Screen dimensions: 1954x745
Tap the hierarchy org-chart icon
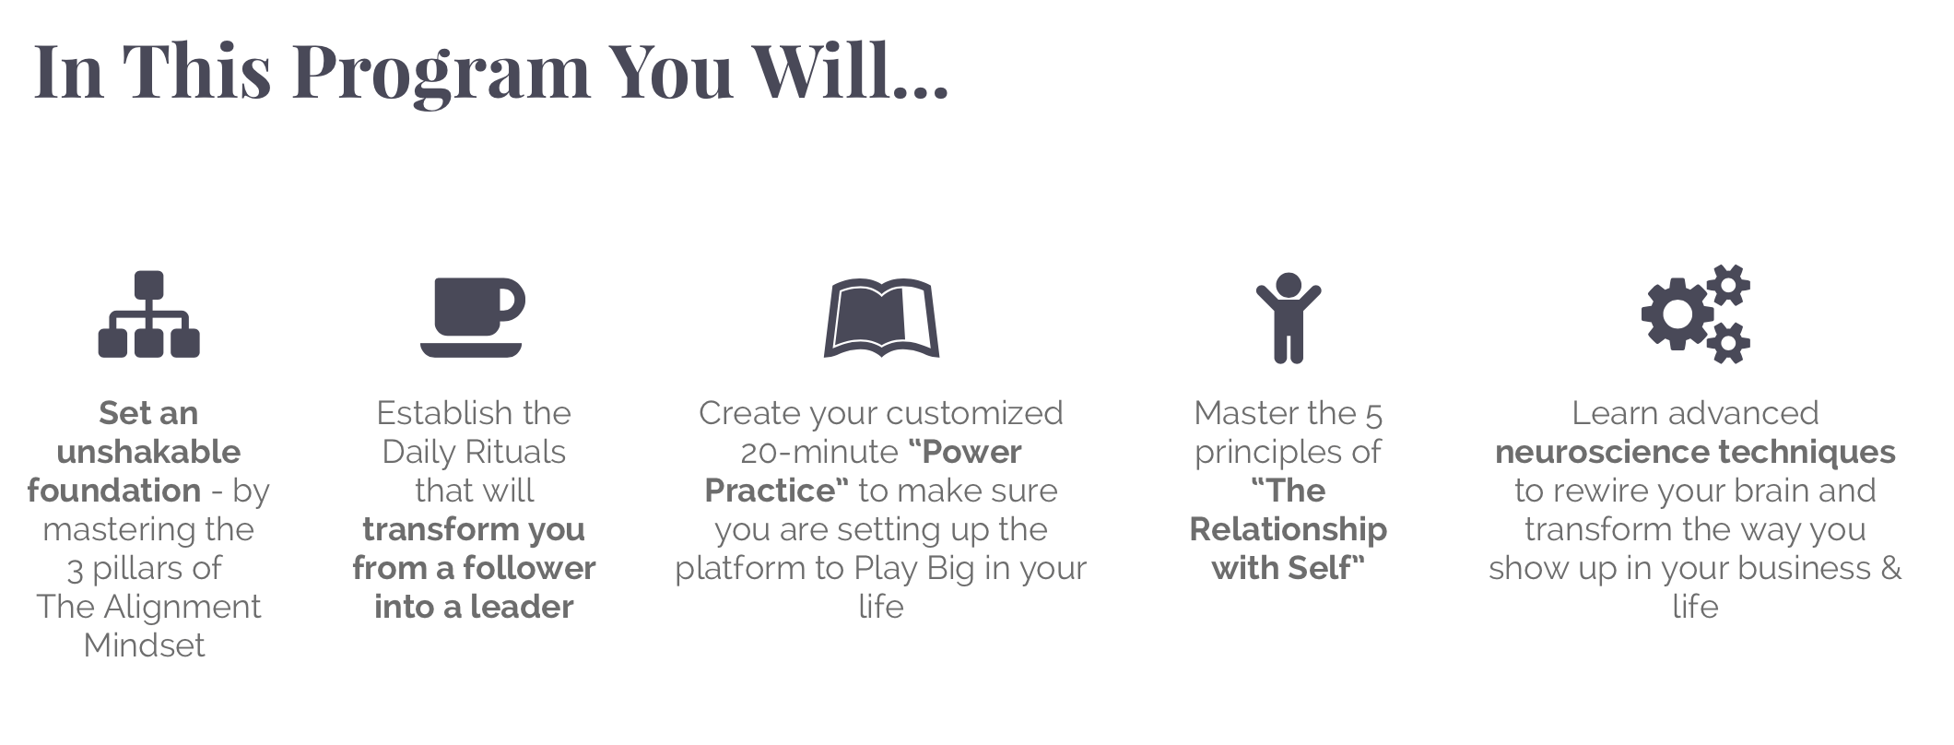[148, 313]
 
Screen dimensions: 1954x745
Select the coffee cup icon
[473, 317]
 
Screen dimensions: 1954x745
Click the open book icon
[881, 317]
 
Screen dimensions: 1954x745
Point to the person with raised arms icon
[1288, 317]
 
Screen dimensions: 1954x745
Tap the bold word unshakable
[148, 452]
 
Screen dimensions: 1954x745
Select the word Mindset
[145, 645]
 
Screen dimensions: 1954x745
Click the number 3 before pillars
[75, 570]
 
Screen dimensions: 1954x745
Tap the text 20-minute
[819, 452]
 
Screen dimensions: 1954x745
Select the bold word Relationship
[1289, 529]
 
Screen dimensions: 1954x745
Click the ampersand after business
[1890, 568]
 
